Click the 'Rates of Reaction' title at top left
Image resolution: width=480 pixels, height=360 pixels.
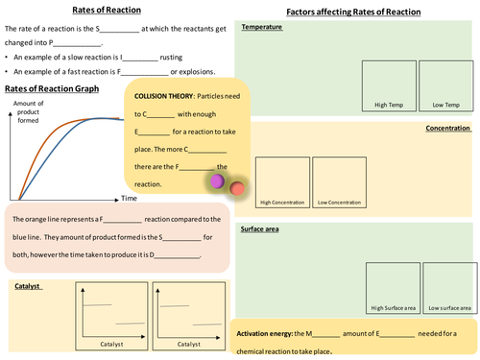point(108,10)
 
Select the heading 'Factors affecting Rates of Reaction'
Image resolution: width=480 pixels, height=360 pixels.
point(355,12)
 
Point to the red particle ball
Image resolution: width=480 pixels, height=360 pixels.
point(236,189)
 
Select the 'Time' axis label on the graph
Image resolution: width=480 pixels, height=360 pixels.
point(130,198)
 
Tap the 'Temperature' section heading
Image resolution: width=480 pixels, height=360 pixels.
point(262,27)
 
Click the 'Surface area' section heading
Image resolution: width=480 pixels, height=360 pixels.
point(264,229)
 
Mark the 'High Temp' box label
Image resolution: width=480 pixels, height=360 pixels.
point(389,104)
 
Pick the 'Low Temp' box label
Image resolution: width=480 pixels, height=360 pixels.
point(445,104)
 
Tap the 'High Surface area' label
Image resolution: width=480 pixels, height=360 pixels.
point(393,308)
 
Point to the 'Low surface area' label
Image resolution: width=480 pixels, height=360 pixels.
point(449,308)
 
